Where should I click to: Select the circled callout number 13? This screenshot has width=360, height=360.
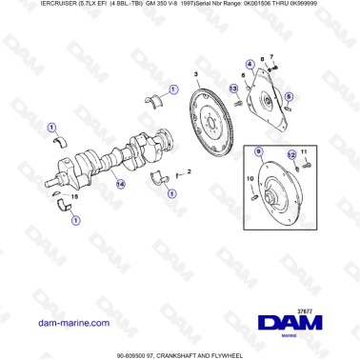coord(250,65)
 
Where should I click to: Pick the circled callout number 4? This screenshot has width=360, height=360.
coord(250,65)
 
